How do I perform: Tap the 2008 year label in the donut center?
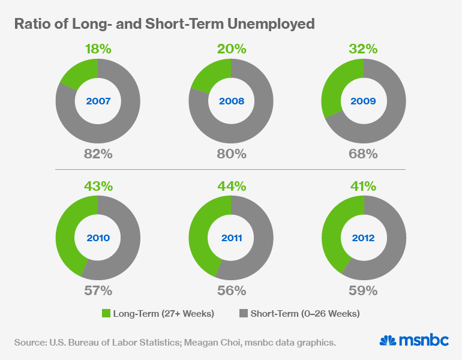pyautogui.click(x=231, y=101)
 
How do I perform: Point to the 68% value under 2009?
pyautogui.click(x=364, y=154)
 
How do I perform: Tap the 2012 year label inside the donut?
pyautogui.click(x=364, y=238)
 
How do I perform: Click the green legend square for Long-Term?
pyautogui.click(x=107, y=313)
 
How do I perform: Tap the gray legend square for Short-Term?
pyautogui.click(x=244, y=313)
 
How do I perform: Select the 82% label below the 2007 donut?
pyautogui.click(x=98, y=154)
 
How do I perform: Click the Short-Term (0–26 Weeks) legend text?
pyautogui.click(x=305, y=313)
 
